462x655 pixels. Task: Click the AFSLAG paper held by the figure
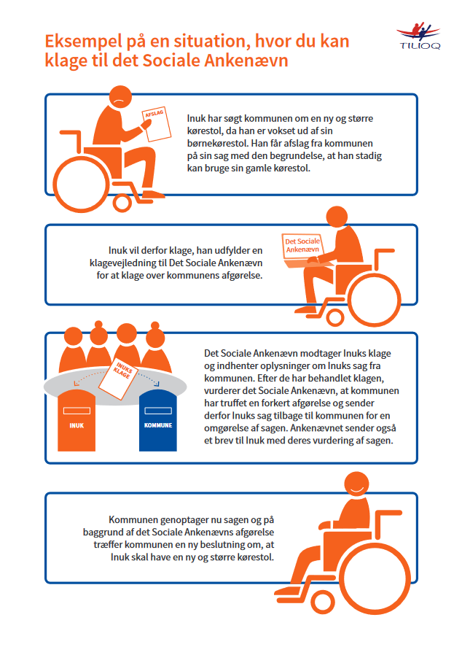click(x=157, y=125)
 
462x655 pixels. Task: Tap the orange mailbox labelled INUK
click(x=77, y=421)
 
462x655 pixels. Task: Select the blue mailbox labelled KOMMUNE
click(x=157, y=421)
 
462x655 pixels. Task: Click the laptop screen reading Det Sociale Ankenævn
click(x=302, y=246)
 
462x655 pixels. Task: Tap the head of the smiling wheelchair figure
click(x=357, y=484)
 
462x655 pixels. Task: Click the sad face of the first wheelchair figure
click(x=120, y=97)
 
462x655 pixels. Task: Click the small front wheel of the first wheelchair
click(x=122, y=203)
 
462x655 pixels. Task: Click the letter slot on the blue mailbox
click(x=158, y=411)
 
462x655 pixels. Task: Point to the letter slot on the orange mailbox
click(x=77, y=411)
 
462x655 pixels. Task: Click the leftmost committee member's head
click(x=74, y=336)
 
